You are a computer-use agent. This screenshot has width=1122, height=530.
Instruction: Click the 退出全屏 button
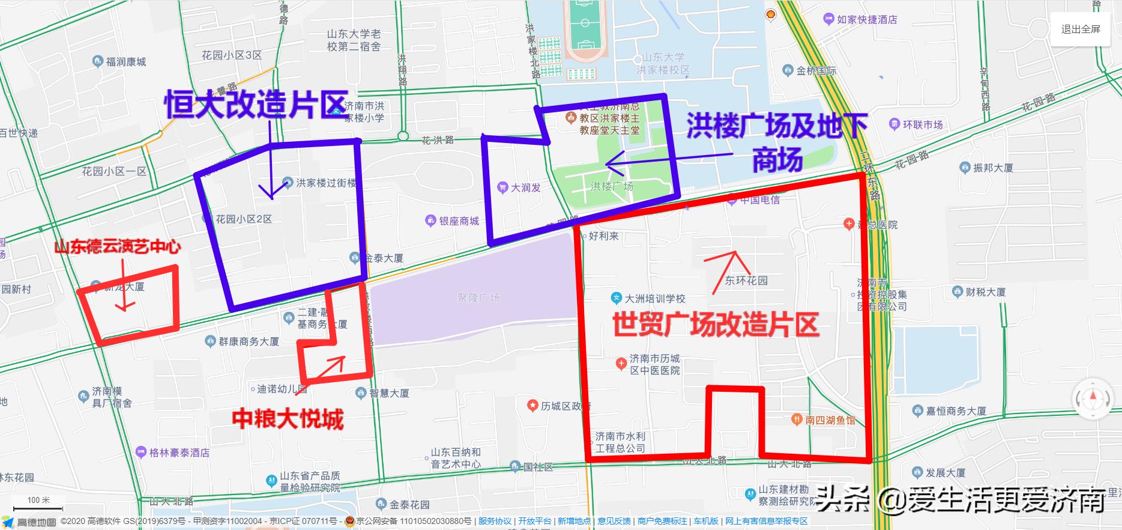[x=1081, y=29]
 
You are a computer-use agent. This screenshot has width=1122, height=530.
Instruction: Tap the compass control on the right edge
[x=1093, y=398]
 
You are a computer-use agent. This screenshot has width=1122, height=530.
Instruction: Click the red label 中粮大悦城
[x=288, y=419]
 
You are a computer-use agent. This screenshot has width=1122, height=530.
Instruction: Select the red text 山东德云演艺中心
[x=117, y=247]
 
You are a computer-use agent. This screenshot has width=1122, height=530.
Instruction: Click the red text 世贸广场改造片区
[x=716, y=325]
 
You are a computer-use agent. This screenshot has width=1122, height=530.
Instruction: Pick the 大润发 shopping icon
[x=503, y=187]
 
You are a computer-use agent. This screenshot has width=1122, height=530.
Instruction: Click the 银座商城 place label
[x=459, y=221]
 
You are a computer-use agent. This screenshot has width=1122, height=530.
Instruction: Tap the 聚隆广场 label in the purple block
[x=478, y=297]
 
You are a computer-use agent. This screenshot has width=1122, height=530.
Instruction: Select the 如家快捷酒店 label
[x=867, y=19]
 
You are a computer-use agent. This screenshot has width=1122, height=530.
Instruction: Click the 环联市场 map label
[x=923, y=124]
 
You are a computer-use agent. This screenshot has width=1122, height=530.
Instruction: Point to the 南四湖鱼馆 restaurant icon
[x=796, y=419]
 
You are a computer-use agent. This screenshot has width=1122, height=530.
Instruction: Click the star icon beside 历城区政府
[x=532, y=406]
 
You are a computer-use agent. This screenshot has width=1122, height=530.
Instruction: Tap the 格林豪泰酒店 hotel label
[x=179, y=452]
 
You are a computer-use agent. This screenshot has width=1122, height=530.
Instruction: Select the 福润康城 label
[x=125, y=62]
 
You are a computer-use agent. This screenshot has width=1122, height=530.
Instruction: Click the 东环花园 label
[x=746, y=280]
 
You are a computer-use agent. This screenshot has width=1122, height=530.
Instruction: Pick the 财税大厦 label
[x=985, y=292]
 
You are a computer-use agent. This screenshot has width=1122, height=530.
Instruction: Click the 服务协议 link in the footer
[x=495, y=521]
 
